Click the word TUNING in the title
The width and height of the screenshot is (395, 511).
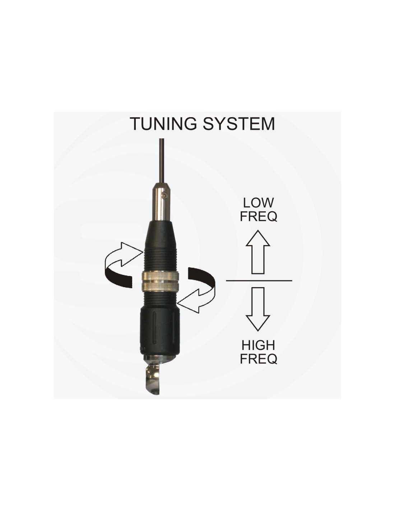click(163, 124)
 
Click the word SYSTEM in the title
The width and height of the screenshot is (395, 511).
click(239, 124)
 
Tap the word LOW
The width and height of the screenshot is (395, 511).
click(258, 203)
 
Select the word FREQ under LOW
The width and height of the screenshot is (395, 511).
click(258, 216)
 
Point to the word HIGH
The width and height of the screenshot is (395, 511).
click(258, 345)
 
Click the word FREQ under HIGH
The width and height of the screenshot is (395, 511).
click(258, 359)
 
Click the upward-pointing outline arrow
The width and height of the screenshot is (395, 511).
click(258, 252)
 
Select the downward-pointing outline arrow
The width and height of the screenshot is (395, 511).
click(258, 309)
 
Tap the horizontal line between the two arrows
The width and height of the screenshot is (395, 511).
click(259, 281)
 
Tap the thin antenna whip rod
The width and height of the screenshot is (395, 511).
click(162, 161)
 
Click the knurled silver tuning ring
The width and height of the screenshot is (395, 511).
click(160, 281)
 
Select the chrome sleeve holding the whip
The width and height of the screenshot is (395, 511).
click(161, 202)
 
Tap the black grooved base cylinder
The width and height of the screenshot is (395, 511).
click(160, 332)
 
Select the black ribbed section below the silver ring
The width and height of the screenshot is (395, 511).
click(160, 300)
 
